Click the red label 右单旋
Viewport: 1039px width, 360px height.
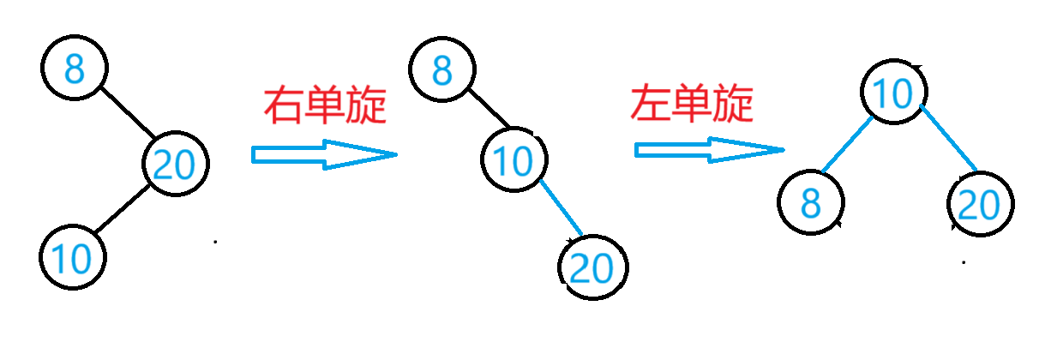[x=325, y=105]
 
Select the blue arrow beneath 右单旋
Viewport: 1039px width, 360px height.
[x=323, y=154]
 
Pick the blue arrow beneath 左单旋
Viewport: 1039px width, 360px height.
[x=708, y=150]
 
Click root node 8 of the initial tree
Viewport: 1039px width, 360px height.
[x=74, y=69]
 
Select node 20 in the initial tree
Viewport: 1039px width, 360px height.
[x=176, y=164]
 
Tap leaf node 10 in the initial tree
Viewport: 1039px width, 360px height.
[x=73, y=256]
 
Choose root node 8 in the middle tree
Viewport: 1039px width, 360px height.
[x=442, y=70]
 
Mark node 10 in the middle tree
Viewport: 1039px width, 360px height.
[x=514, y=160]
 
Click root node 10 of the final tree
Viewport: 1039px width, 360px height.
[x=893, y=93]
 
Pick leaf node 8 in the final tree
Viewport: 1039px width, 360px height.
[x=811, y=204]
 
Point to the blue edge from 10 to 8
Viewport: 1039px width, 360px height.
[x=846, y=144]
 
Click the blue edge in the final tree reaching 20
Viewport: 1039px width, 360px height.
[x=949, y=137]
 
